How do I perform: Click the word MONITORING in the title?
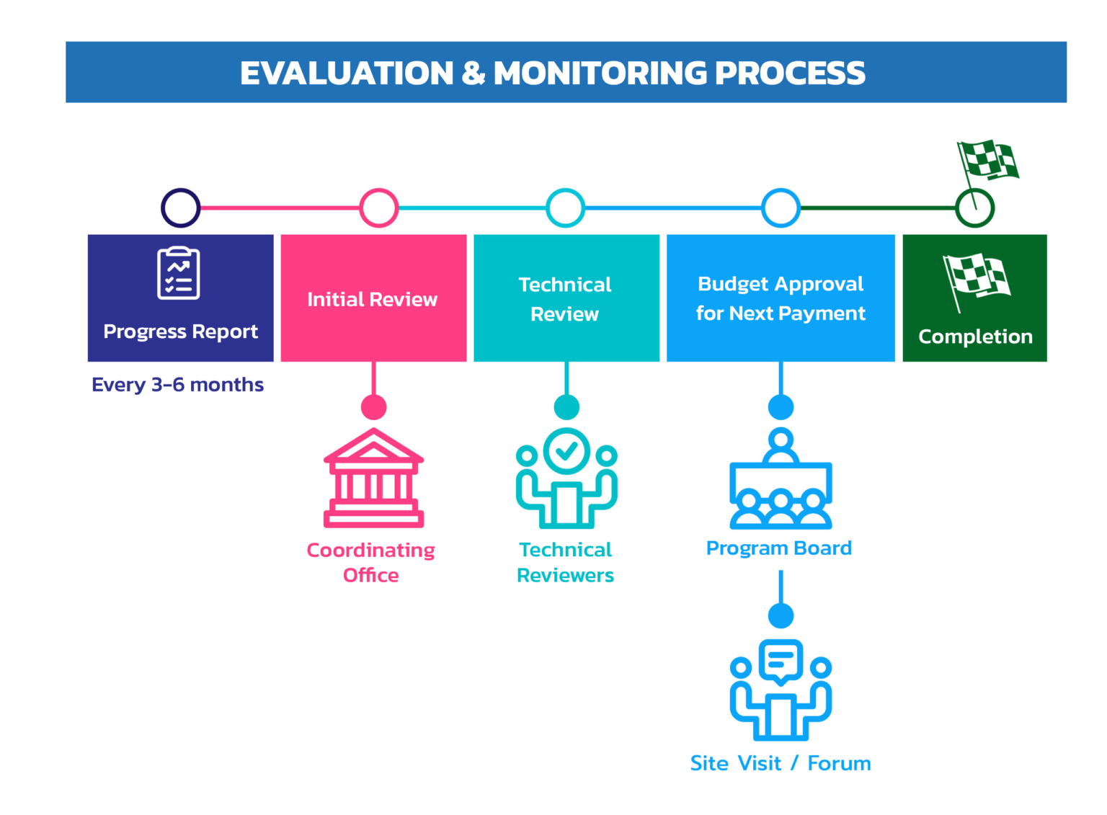pyautogui.click(x=600, y=74)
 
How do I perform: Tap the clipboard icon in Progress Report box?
pyautogui.click(x=179, y=273)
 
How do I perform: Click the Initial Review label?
pyautogui.click(x=373, y=300)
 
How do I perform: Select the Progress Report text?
pyautogui.click(x=180, y=332)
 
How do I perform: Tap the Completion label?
pyautogui.click(x=976, y=337)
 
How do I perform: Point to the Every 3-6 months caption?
pyautogui.click(x=177, y=385)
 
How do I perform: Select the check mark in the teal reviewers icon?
pyautogui.click(x=567, y=450)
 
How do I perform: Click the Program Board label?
pyautogui.click(x=779, y=548)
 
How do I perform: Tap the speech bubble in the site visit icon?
pyautogui.click(x=781, y=662)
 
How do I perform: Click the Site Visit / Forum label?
pyautogui.click(x=781, y=764)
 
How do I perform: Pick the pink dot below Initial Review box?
pyautogui.click(x=373, y=407)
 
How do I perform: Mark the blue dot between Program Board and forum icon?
pyautogui.click(x=781, y=616)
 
